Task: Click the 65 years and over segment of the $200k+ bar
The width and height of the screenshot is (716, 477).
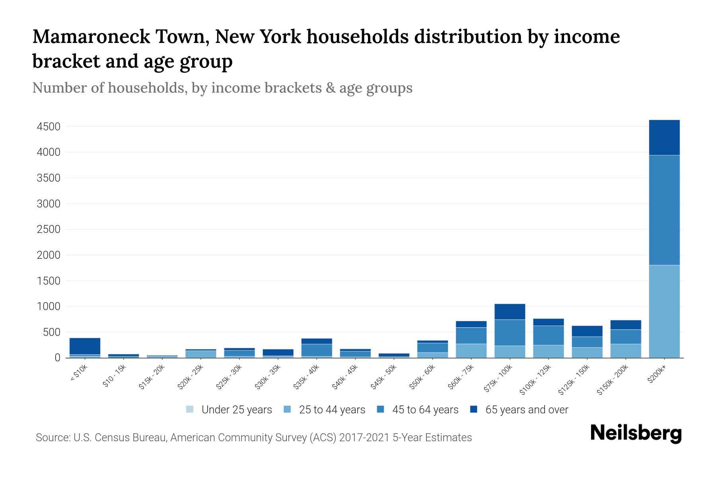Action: [664, 138]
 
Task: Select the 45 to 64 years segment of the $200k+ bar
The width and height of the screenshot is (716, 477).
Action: [664, 210]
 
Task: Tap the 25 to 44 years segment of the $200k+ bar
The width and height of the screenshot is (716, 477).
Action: [664, 311]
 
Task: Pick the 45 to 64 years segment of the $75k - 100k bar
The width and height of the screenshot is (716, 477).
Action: [510, 333]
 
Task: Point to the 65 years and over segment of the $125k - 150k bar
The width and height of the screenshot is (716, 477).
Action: [587, 331]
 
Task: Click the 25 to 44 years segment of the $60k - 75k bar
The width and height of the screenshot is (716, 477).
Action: [471, 351]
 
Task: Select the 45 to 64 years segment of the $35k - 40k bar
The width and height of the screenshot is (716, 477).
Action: [317, 350]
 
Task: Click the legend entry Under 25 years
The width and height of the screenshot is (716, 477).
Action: [229, 410]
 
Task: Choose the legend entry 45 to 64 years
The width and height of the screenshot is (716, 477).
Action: [418, 410]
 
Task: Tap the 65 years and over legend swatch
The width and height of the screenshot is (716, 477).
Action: [474, 409]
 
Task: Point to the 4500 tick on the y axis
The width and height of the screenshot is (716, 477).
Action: [49, 127]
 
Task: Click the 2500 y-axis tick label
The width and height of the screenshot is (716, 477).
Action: [49, 229]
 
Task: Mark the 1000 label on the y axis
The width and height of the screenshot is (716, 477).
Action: [49, 306]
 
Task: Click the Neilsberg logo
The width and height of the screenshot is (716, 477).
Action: [636, 433]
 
